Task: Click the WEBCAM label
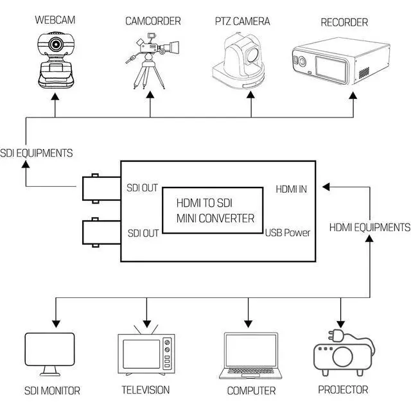[55, 20]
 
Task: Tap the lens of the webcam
[56, 44]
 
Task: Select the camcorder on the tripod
[152, 61]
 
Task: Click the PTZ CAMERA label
[243, 21]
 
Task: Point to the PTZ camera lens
[253, 55]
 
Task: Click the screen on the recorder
[331, 69]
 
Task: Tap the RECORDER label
[344, 22]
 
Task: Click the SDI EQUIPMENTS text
[37, 153]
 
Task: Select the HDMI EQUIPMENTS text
[370, 227]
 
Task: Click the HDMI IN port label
[291, 189]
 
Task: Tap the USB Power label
[288, 232]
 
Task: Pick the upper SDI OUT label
[142, 188]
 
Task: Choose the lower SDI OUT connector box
[101, 232]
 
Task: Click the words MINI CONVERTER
[215, 218]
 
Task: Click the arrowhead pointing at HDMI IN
[326, 187]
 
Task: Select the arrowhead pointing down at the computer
[249, 324]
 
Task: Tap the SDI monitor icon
[50, 354]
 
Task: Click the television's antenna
[146, 329]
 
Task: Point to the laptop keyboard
[250, 371]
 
